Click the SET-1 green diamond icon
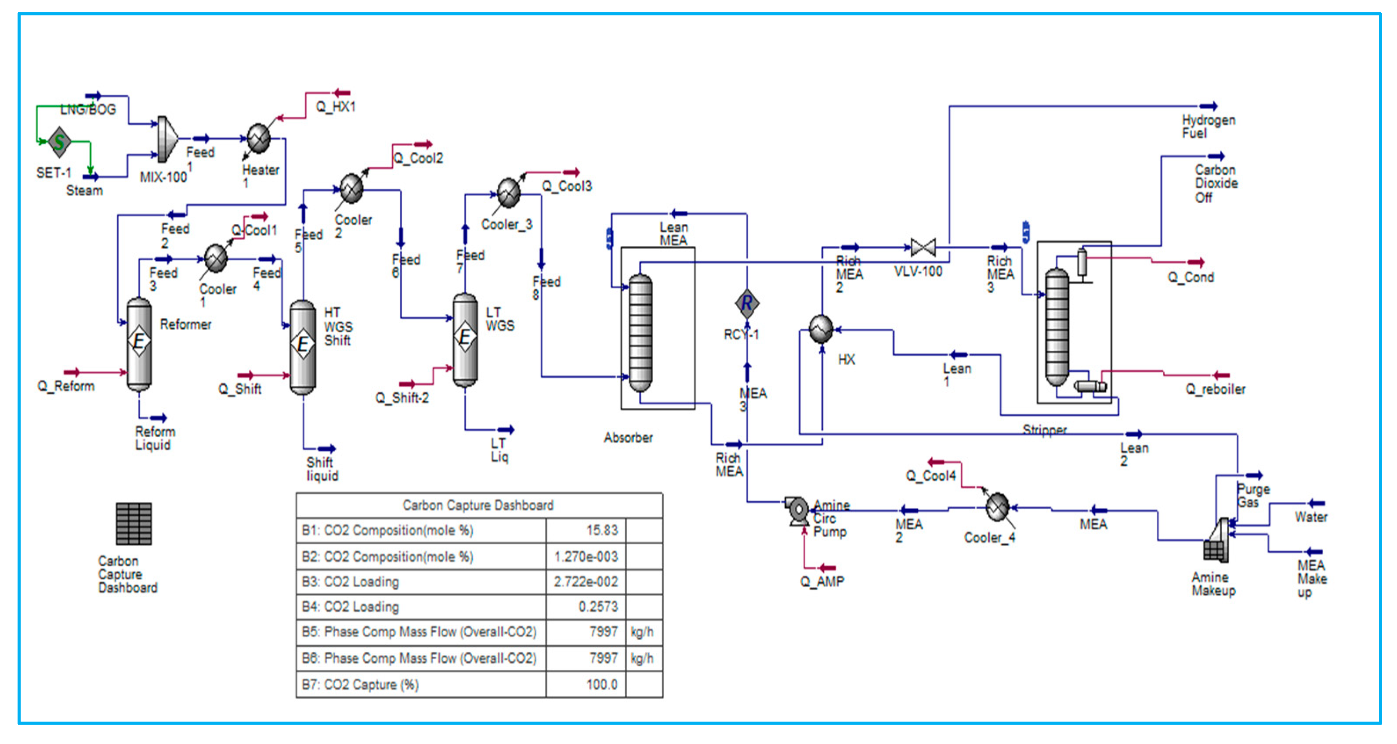pyautogui.click(x=59, y=142)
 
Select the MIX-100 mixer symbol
pyautogui.click(x=166, y=139)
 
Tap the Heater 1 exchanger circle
pyautogui.click(x=259, y=138)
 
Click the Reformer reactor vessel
pyautogui.click(x=139, y=344)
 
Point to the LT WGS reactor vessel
pyautogui.click(x=465, y=339)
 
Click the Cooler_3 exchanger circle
pyautogui.click(x=508, y=192)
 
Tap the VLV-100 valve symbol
pyautogui.click(x=923, y=248)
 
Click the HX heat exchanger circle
pyautogui.click(x=821, y=329)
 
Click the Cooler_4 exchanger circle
pyautogui.click(x=997, y=507)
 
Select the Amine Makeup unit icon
pyautogui.click(x=1216, y=542)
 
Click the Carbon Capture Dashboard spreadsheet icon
pyautogui.click(x=134, y=524)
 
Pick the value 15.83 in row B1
pyautogui.click(x=601, y=530)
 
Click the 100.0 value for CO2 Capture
pyautogui.click(x=601, y=684)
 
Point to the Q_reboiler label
pyautogui.click(x=1215, y=389)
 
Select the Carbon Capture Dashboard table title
pyautogui.click(x=478, y=505)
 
